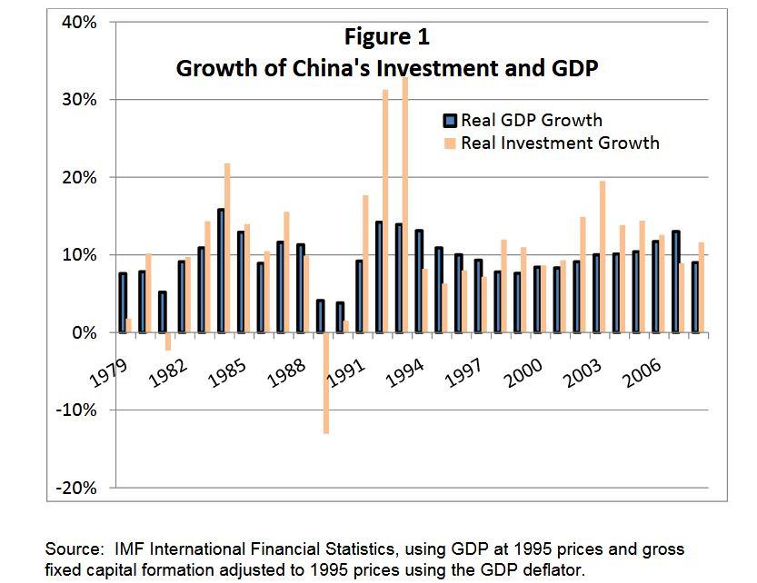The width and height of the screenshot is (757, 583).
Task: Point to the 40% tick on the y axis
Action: tap(80, 23)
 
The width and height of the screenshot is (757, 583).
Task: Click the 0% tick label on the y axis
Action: tap(85, 333)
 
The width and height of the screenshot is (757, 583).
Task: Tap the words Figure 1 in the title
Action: tap(386, 37)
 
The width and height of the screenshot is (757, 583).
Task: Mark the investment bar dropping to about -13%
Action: tap(325, 382)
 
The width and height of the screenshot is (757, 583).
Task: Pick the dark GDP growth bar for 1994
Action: tap(419, 282)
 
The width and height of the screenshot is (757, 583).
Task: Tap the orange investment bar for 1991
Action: tap(365, 263)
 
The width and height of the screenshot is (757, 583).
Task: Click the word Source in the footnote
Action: tap(73, 549)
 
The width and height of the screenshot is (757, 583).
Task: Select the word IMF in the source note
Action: tap(129, 549)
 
